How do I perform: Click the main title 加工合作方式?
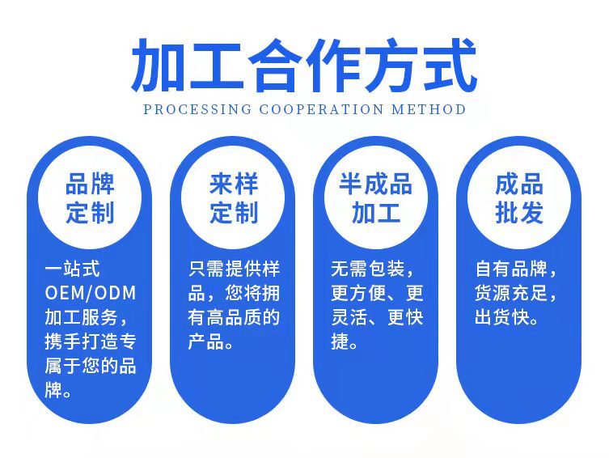[304, 65]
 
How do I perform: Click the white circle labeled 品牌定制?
[90, 197]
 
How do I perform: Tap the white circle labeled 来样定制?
[234, 197]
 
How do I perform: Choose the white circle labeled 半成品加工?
[376, 197]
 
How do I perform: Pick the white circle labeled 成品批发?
[519, 197]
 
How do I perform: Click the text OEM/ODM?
[91, 293]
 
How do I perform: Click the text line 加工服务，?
[85, 317]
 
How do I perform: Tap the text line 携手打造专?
[91, 341]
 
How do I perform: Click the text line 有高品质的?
[234, 317]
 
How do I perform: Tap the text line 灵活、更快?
[377, 317]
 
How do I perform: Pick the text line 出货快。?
[507, 317]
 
